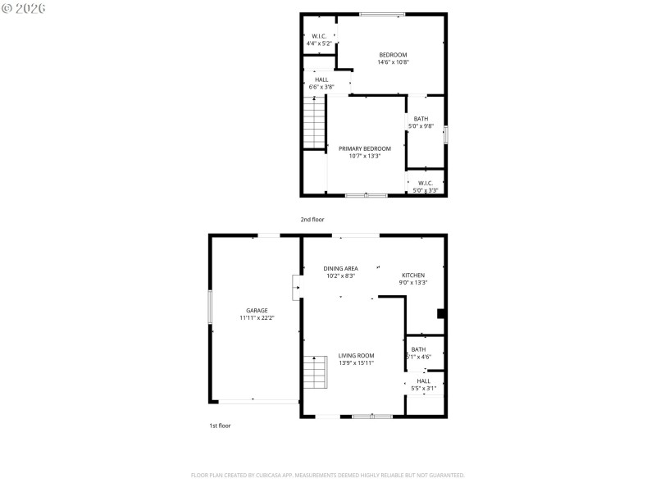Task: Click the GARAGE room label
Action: tap(257, 311)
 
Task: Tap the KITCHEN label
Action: tap(412, 275)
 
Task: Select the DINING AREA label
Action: tap(340, 268)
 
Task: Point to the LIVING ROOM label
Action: tap(356, 356)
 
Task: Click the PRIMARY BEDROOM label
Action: tap(365, 148)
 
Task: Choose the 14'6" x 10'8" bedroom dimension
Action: tap(393, 62)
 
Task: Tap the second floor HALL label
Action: tap(321, 80)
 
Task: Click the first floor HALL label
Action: tap(423, 380)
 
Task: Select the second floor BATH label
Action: tap(421, 119)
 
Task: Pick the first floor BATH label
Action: tap(418, 349)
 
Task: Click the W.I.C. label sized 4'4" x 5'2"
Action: tap(319, 36)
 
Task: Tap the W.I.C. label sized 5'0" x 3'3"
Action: tap(426, 183)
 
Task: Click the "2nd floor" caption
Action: tap(312, 220)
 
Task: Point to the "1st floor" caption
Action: tap(220, 426)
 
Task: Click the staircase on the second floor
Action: tap(315, 123)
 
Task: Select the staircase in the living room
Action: tap(315, 373)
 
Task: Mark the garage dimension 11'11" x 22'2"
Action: tap(257, 317)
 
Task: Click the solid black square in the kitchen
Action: tap(441, 312)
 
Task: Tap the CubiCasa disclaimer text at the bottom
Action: tap(328, 475)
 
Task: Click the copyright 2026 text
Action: tap(24, 8)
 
